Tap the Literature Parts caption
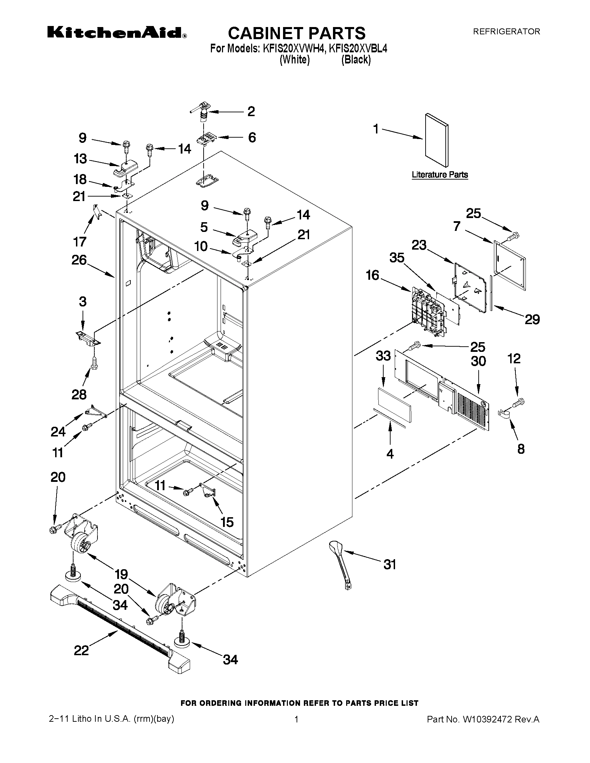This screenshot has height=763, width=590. [x=439, y=175]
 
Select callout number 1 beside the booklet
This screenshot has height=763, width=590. [x=376, y=129]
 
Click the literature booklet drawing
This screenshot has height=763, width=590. [x=437, y=139]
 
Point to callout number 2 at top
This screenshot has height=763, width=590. [x=251, y=111]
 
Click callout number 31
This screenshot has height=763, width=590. [x=390, y=565]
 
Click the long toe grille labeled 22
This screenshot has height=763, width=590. [x=119, y=625]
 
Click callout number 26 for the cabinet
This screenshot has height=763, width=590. [x=79, y=260]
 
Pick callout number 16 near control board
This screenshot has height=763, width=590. [x=373, y=275]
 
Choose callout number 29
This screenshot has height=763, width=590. [x=532, y=319]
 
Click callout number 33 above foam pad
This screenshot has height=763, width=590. [x=383, y=356]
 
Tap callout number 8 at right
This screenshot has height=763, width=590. [x=521, y=449]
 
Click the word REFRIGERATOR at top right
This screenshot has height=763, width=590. [x=506, y=32]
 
